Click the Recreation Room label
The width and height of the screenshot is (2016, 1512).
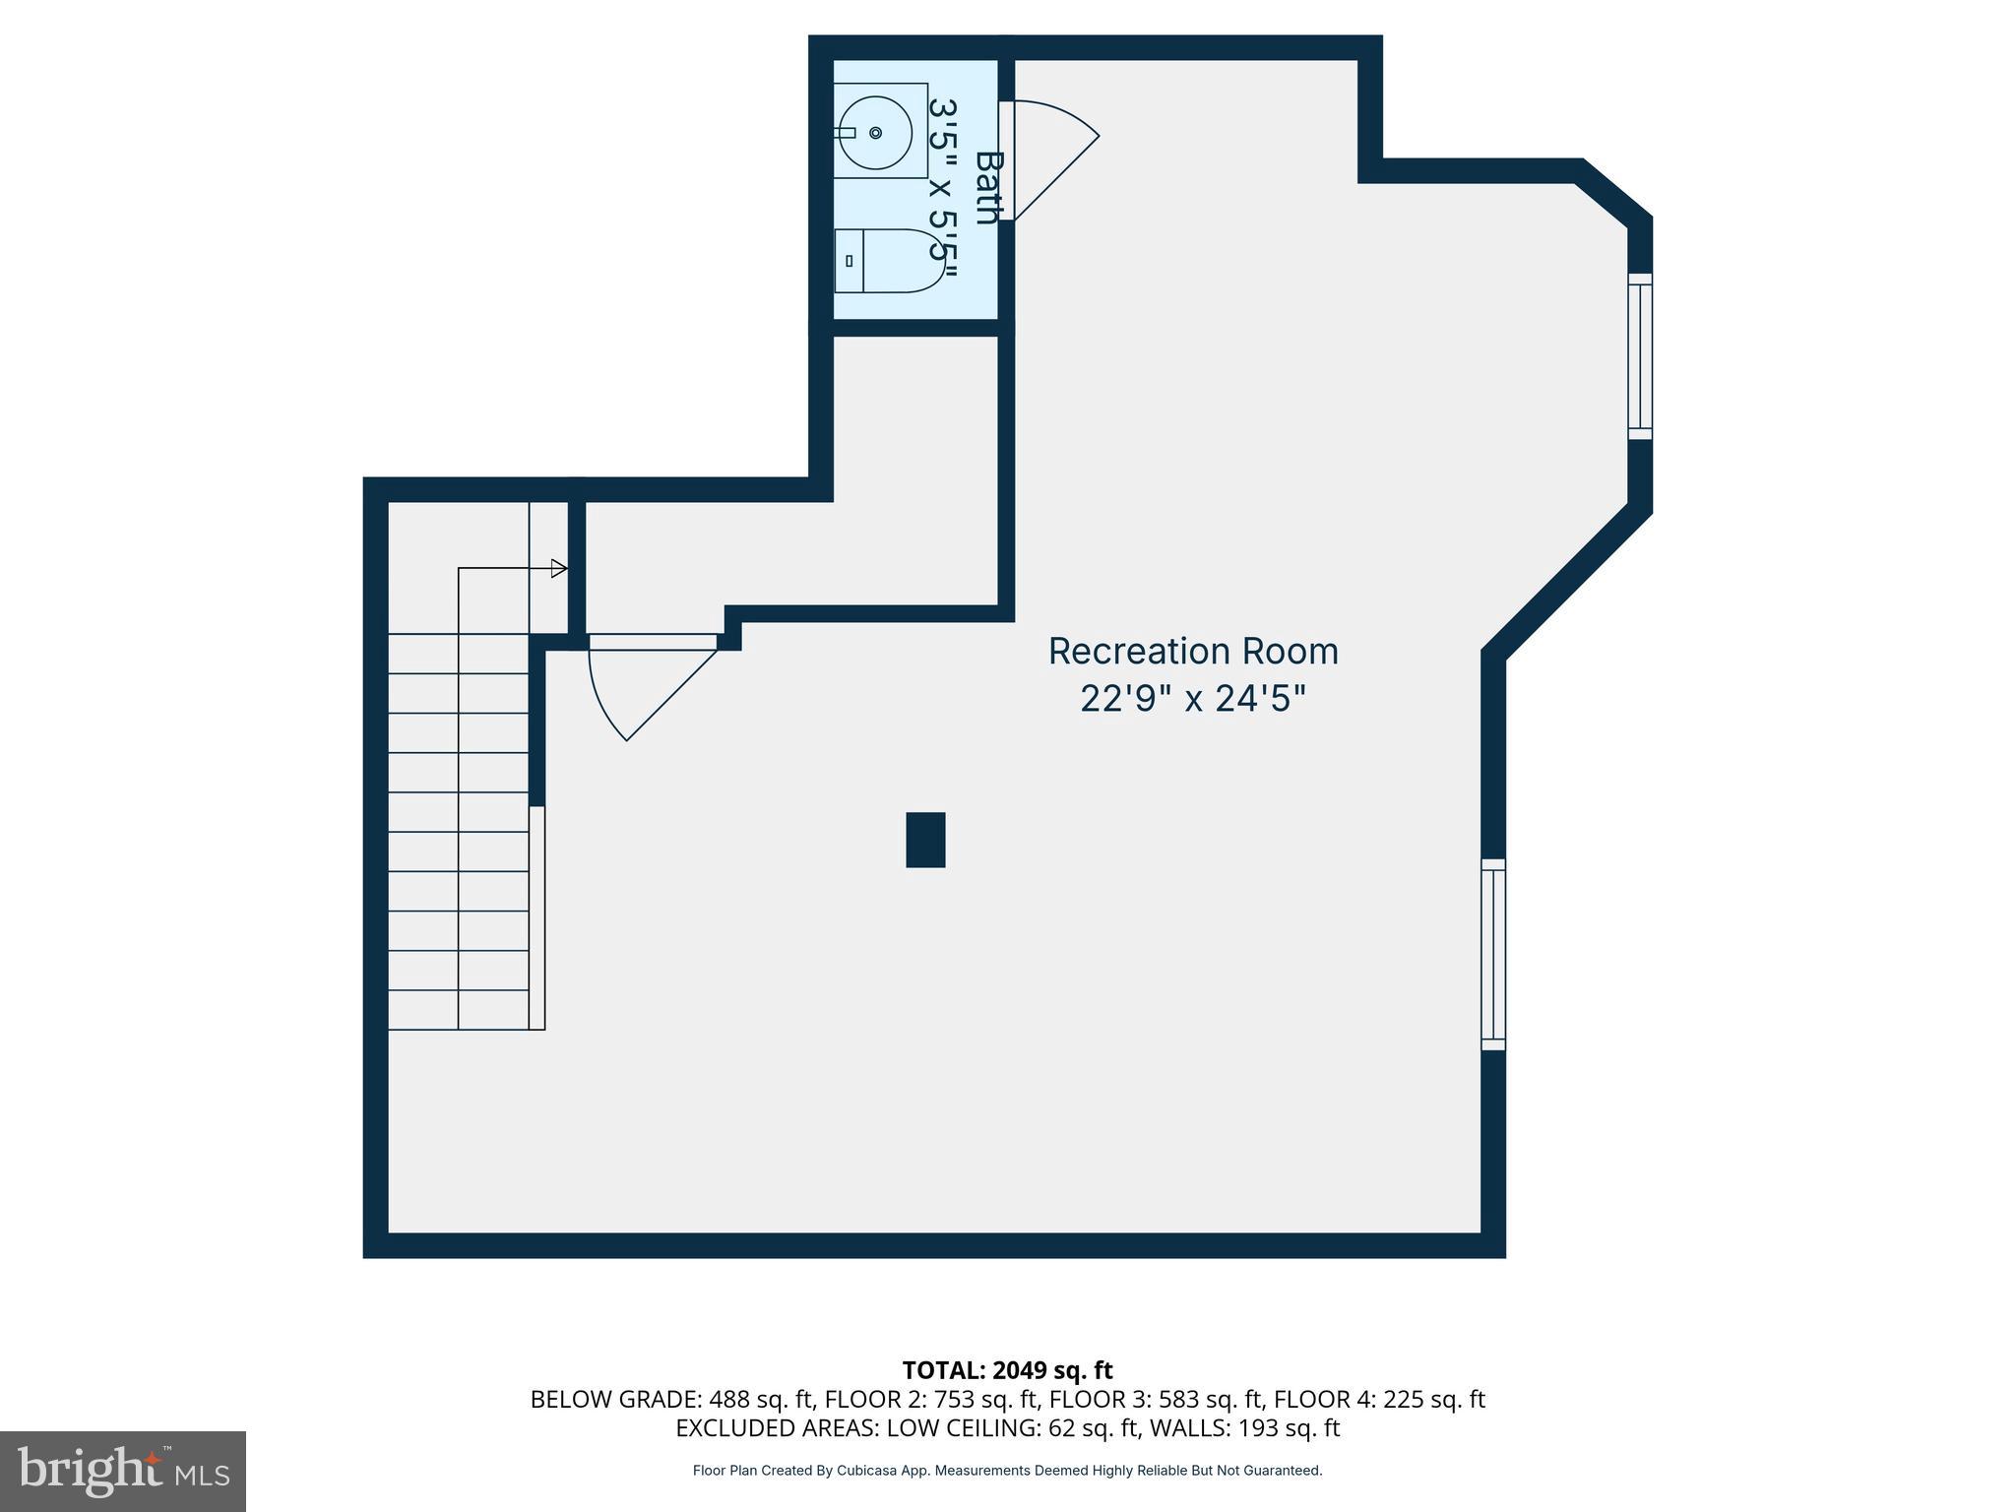(1193, 651)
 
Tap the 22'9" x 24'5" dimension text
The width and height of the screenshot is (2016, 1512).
(1193, 699)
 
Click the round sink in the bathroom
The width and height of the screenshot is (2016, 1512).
(874, 132)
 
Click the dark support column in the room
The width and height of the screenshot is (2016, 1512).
(925, 840)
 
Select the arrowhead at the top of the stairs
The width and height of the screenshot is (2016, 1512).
(558, 568)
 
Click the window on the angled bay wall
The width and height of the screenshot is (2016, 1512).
(1639, 356)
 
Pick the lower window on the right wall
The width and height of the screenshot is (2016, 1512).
(1493, 955)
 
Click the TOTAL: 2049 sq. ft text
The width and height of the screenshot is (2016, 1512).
(1007, 1370)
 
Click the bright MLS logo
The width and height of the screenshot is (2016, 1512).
(122, 1471)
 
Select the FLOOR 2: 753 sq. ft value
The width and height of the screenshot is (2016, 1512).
(932, 1399)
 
